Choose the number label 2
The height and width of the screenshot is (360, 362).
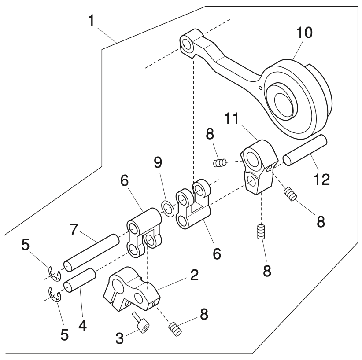pyautogui.click(x=194, y=276)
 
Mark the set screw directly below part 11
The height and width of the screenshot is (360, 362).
pyautogui.click(x=262, y=231)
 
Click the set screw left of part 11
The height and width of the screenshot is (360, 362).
pyautogui.click(x=219, y=163)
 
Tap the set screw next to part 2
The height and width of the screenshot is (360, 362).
pyautogui.click(x=176, y=329)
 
